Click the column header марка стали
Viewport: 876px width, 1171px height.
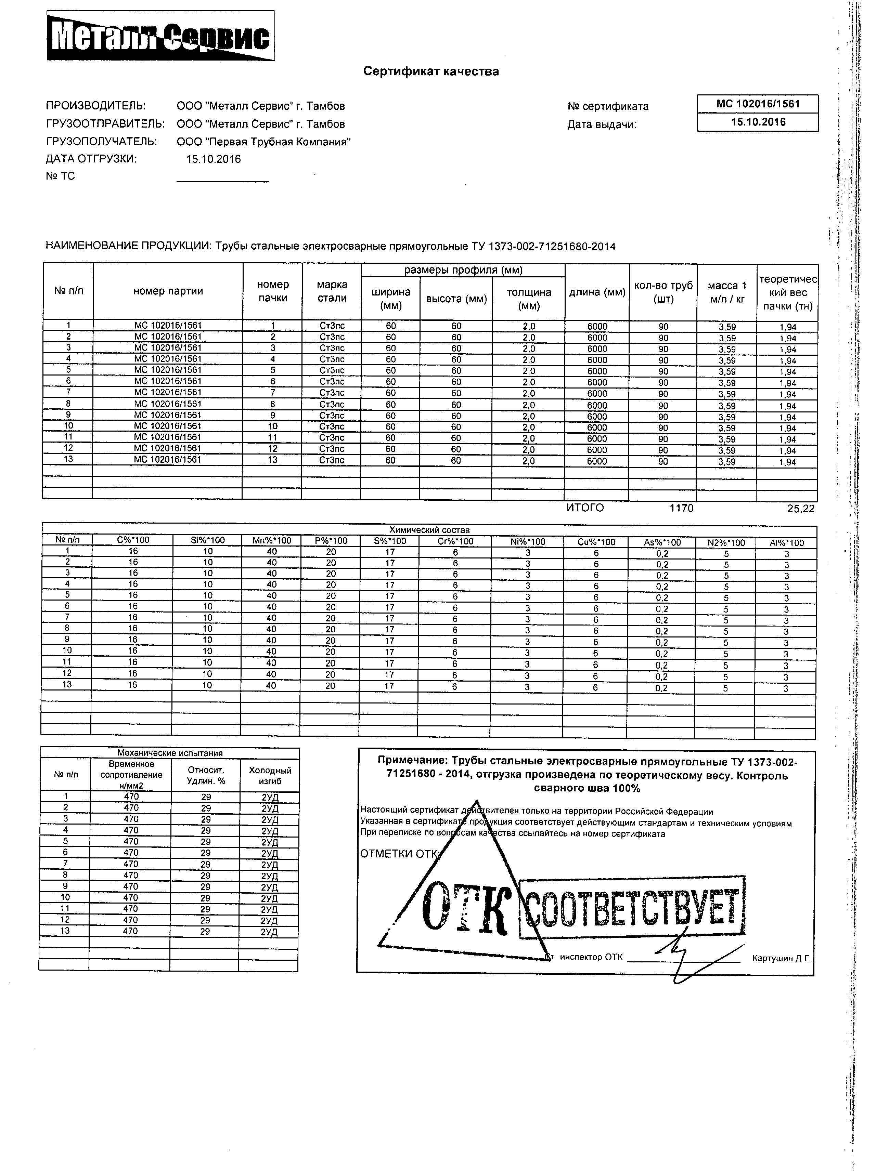click(332, 292)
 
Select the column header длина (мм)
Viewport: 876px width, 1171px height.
click(597, 292)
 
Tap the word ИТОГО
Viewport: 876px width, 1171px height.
click(585, 508)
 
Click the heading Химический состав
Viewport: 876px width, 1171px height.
click(429, 530)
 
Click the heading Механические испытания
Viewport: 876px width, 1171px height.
click(169, 753)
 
